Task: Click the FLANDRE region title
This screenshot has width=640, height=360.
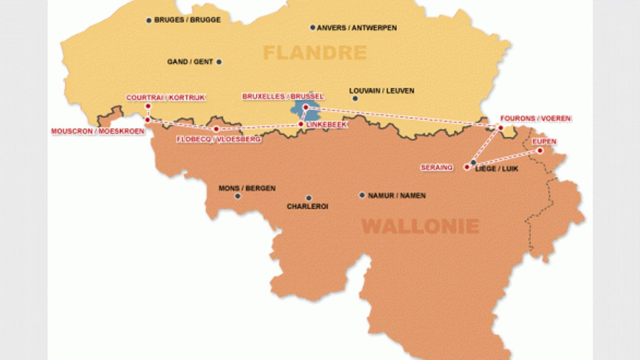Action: [315, 52]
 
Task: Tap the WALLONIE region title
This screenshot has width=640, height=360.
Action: [421, 226]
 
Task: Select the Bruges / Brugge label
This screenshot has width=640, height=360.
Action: [187, 20]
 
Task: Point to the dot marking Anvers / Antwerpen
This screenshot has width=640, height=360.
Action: [312, 28]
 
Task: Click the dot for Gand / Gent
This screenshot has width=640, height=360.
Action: [219, 62]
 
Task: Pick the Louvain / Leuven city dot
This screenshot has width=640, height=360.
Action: [355, 98]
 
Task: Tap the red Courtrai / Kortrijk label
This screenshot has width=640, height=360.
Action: [166, 97]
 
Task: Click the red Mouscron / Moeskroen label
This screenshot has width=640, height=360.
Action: [97, 131]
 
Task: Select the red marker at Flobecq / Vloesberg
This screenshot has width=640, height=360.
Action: [216, 129]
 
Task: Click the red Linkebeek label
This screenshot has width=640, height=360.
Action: [327, 125]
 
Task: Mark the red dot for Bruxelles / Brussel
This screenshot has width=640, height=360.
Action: [306, 107]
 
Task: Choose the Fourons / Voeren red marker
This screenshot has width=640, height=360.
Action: [501, 127]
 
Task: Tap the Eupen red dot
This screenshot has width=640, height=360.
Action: [540, 150]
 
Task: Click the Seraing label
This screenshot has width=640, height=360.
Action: [437, 167]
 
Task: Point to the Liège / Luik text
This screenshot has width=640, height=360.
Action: [496, 169]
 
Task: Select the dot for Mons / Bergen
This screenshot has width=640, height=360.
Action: [237, 196]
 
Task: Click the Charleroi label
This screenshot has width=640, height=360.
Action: [307, 207]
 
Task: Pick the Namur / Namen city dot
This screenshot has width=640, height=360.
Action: [362, 195]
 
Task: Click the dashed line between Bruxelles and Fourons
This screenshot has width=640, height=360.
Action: [405, 117]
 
